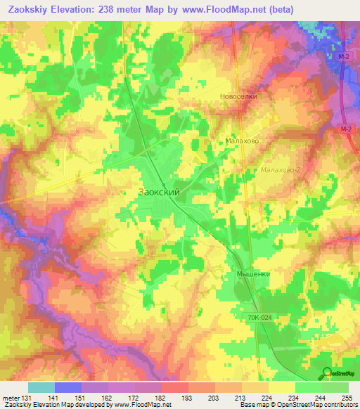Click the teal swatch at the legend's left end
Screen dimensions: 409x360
coord(41,387)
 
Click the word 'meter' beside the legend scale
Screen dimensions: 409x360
coord(11,397)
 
